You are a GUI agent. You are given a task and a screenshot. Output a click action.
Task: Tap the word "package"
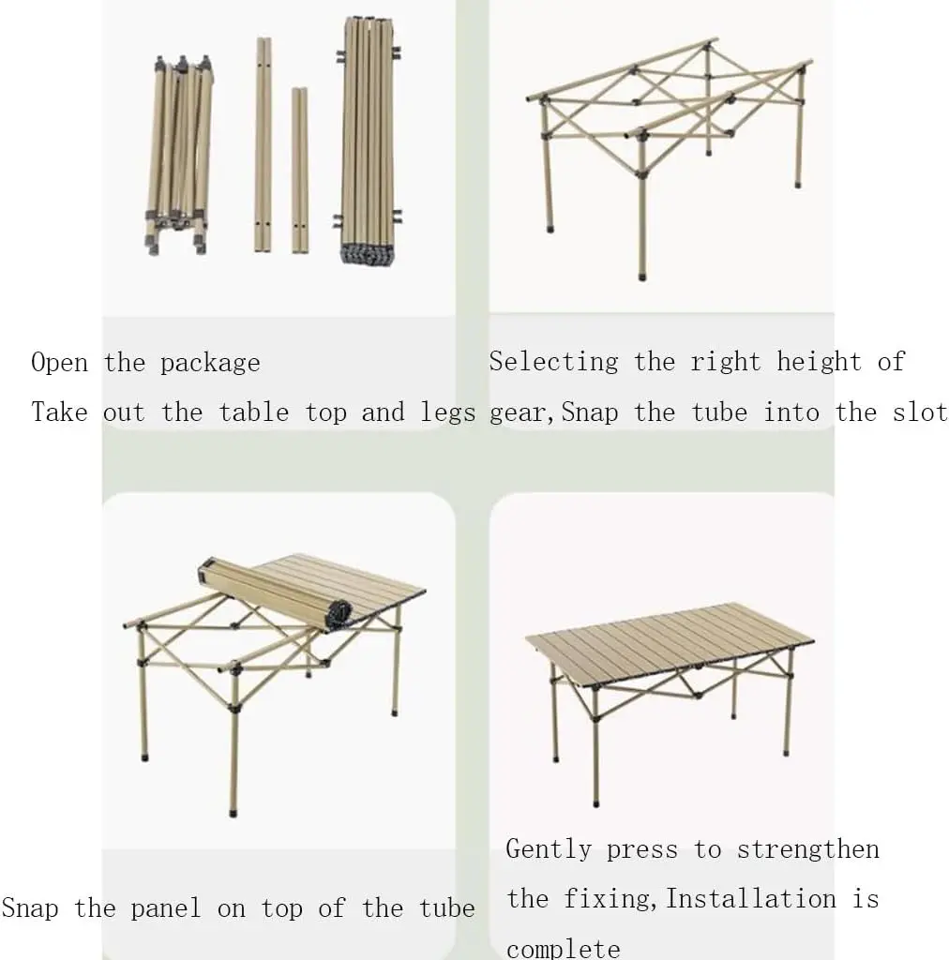[210, 364]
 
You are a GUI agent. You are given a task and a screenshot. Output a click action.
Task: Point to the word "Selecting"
[553, 363]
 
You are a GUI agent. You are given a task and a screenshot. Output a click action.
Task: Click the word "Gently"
[550, 850]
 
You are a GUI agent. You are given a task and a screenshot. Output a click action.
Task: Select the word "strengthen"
[807, 850]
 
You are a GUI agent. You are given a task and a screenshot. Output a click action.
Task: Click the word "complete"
[563, 948]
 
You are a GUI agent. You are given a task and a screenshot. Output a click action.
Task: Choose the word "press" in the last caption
[641, 850]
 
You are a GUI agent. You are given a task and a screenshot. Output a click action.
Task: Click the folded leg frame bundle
[179, 155]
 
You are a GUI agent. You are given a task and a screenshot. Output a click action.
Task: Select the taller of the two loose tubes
[264, 144]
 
